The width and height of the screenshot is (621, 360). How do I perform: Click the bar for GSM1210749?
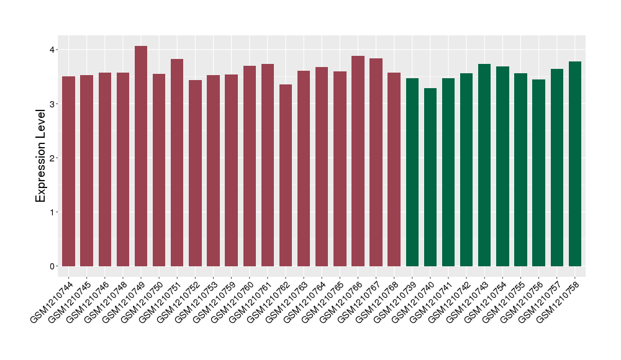point(141,156)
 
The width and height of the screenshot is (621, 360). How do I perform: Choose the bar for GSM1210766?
point(358,161)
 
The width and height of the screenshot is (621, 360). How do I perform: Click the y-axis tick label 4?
point(53,50)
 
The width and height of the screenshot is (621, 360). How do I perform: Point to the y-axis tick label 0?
point(53,266)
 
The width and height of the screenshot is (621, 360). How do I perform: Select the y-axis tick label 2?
point(53,158)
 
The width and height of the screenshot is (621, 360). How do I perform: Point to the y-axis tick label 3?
point(53,104)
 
